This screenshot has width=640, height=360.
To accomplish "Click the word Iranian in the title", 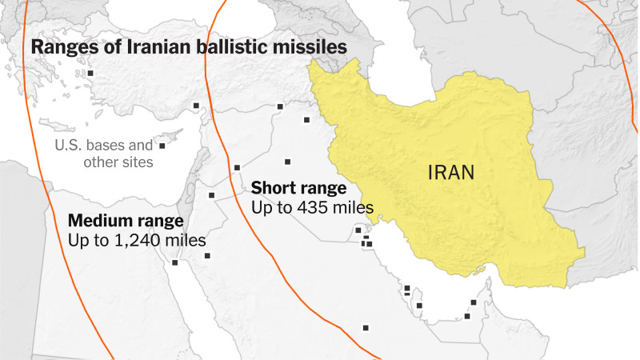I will tap(153, 48).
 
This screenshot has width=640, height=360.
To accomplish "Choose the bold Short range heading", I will tap(298, 188).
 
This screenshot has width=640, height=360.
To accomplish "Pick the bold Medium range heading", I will tap(126, 220).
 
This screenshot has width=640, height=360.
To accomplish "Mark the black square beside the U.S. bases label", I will tap(162, 146).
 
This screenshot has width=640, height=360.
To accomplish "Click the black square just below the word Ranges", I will tap(90, 74).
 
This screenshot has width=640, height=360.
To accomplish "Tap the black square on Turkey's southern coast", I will tap(196, 106).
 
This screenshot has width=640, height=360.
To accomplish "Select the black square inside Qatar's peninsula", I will tap(408, 289).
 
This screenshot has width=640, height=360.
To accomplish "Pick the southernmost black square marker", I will tap(366, 327).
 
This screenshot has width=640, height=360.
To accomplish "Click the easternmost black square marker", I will tap(474, 302).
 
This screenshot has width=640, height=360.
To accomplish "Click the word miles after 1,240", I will tap(186, 239).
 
